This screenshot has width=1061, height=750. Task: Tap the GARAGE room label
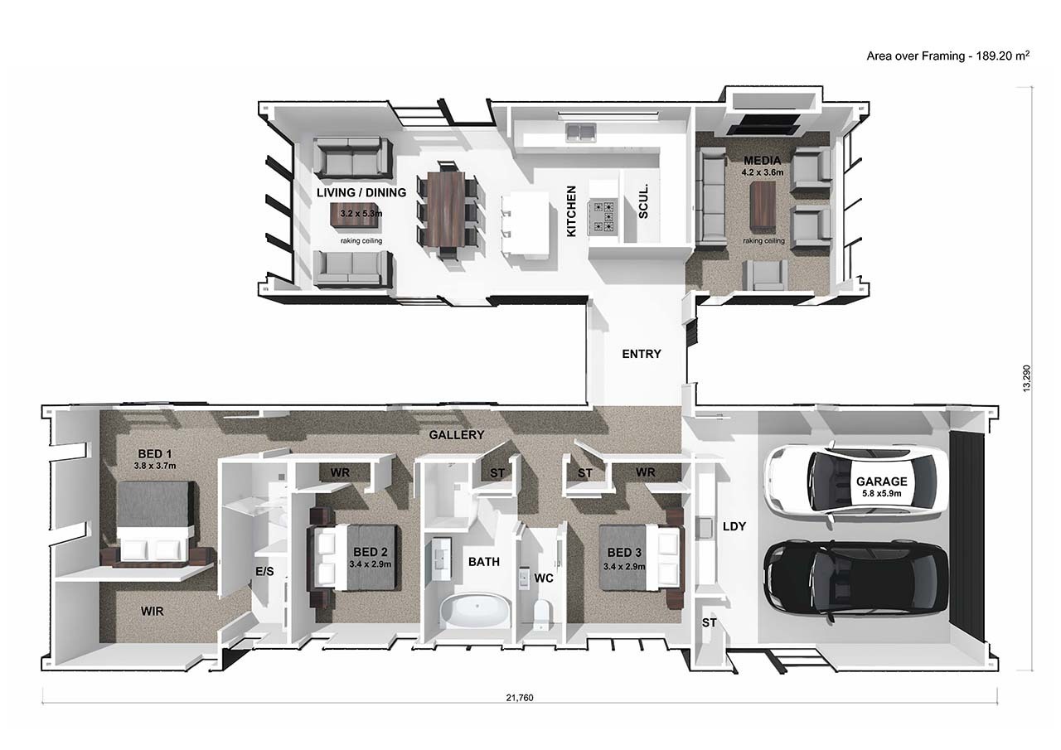(x=882, y=481)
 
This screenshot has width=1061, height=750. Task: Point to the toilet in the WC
(x=541, y=614)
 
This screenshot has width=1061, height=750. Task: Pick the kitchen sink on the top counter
(x=580, y=131)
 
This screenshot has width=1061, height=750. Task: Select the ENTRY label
(x=642, y=354)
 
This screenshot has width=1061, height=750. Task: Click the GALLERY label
(x=457, y=434)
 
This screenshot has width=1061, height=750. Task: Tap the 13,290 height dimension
(x=1027, y=377)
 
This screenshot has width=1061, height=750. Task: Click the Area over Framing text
(x=947, y=56)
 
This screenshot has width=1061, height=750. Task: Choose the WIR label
(x=152, y=611)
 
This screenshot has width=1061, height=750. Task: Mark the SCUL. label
(x=644, y=201)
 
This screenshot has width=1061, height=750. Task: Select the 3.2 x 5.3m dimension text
(x=361, y=214)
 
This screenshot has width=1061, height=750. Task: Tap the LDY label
(x=734, y=525)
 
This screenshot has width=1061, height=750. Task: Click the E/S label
(x=264, y=572)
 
